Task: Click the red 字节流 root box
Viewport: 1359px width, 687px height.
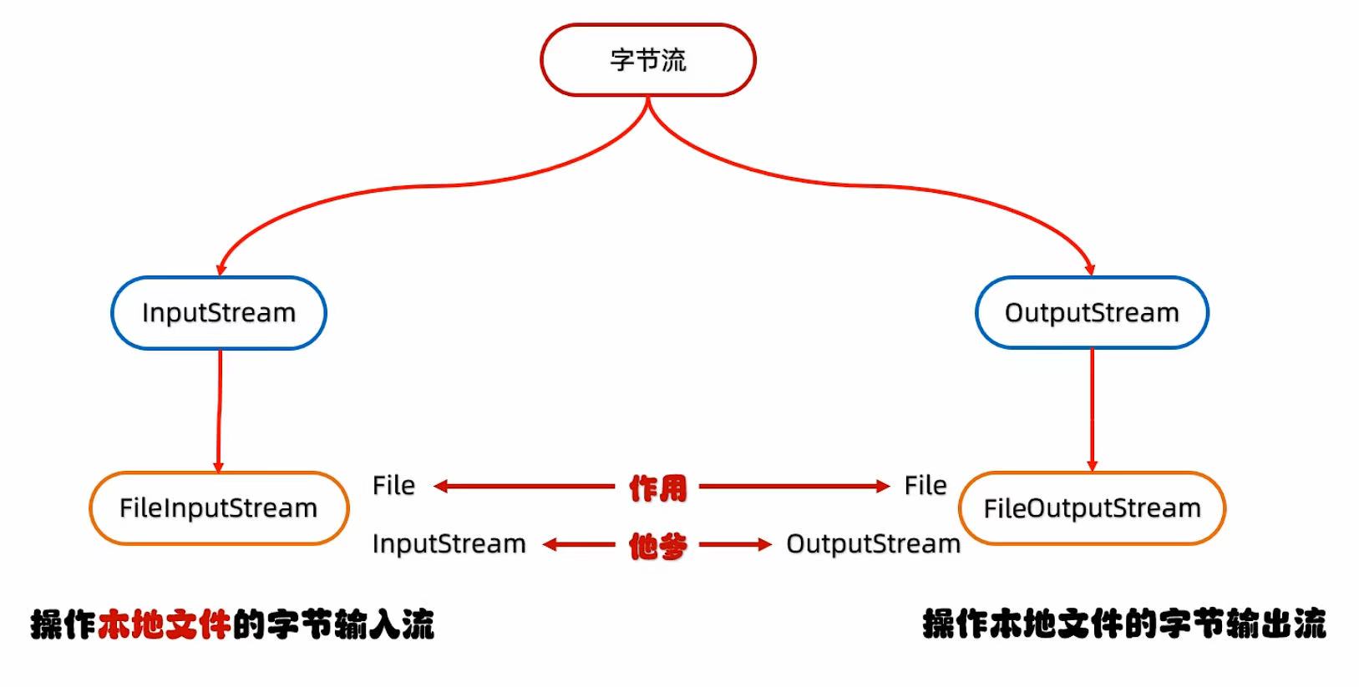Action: pyautogui.click(x=647, y=60)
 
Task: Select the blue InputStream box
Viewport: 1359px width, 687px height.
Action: pyautogui.click(x=219, y=313)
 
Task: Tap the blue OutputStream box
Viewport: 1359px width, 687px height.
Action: pyautogui.click(x=1092, y=313)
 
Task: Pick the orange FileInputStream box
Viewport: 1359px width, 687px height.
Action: pyautogui.click(x=219, y=508)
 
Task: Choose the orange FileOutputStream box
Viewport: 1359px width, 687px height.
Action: pyautogui.click(x=1092, y=508)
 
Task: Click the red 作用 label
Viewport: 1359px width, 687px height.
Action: pyautogui.click(x=658, y=487)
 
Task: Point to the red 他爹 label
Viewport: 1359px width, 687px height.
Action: pyautogui.click(x=658, y=546)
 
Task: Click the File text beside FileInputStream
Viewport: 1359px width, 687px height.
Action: pyautogui.click(x=393, y=486)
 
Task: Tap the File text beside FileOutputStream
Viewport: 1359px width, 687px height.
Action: pyautogui.click(x=925, y=486)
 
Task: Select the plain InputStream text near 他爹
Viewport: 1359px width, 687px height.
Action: pyautogui.click(x=449, y=544)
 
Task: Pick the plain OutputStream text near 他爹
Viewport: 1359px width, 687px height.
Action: pyautogui.click(x=873, y=544)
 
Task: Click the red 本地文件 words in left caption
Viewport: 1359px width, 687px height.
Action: pyautogui.click(x=164, y=624)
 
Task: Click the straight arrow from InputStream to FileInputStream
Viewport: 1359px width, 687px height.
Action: pyautogui.click(x=220, y=409)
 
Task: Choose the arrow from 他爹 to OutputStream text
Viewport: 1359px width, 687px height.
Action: pyautogui.click(x=735, y=545)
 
